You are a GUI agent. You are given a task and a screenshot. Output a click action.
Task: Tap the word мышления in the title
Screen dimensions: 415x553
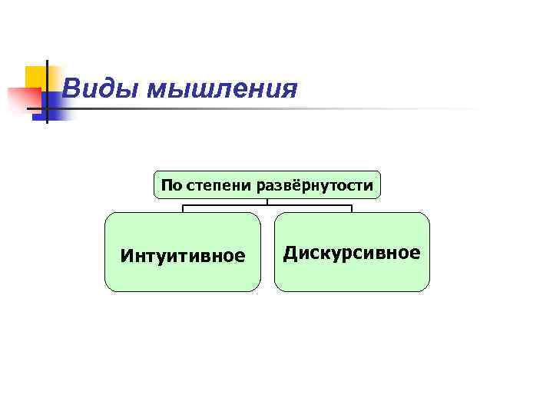click(222, 90)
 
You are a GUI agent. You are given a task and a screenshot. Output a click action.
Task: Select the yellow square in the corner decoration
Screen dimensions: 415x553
click(35, 76)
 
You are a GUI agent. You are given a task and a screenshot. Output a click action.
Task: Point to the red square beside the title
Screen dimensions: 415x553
click(23, 99)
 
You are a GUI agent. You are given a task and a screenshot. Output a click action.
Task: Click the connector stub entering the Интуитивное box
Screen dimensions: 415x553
click(183, 209)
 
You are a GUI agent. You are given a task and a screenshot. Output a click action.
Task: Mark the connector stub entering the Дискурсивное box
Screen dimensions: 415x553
click(351, 209)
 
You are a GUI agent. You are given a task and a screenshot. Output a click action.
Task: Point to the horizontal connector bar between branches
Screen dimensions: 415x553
click(267, 205)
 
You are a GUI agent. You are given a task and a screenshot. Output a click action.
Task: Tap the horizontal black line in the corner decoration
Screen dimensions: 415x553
click(46, 108)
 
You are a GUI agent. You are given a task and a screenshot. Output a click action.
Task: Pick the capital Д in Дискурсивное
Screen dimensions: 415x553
click(290, 254)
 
